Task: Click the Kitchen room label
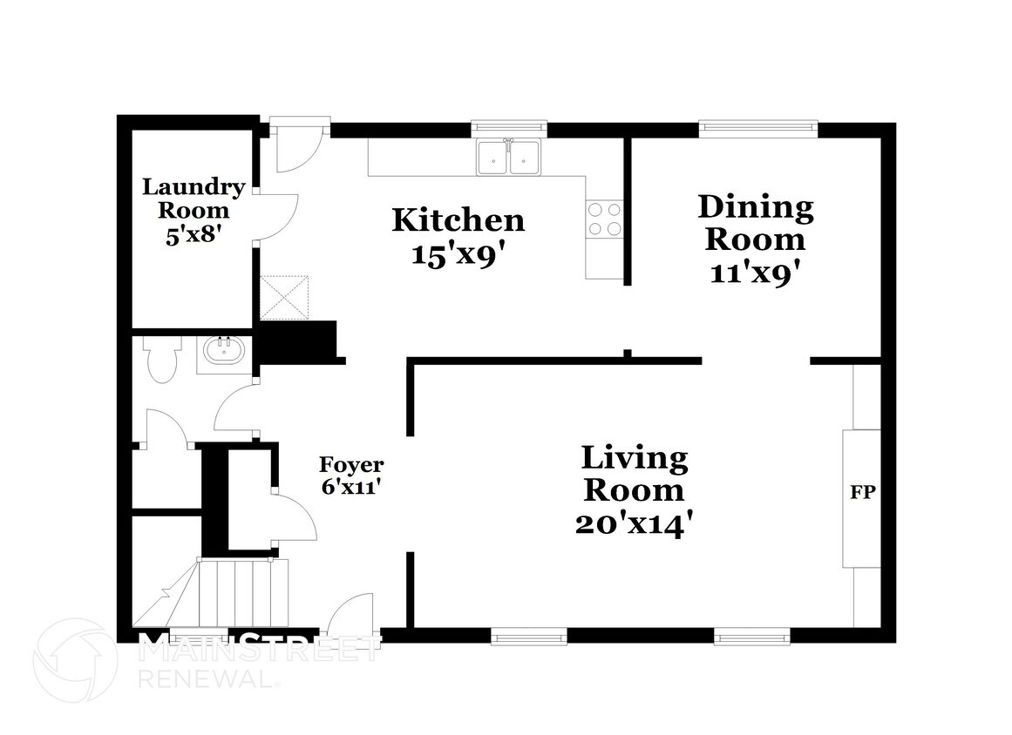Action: coord(458,220)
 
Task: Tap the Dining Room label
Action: coord(756,223)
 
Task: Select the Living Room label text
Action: coord(635,474)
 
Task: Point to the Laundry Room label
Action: coord(194,199)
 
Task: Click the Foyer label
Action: coord(352,465)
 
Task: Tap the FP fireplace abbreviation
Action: coord(862,492)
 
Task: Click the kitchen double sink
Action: coord(508,158)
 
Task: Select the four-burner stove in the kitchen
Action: coord(604,219)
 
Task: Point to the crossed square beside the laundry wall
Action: coord(285,297)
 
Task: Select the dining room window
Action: coord(758,129)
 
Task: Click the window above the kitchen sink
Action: coord(508,129)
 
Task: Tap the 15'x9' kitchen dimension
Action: coord(458,255)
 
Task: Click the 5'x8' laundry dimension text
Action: coord(194,234)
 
